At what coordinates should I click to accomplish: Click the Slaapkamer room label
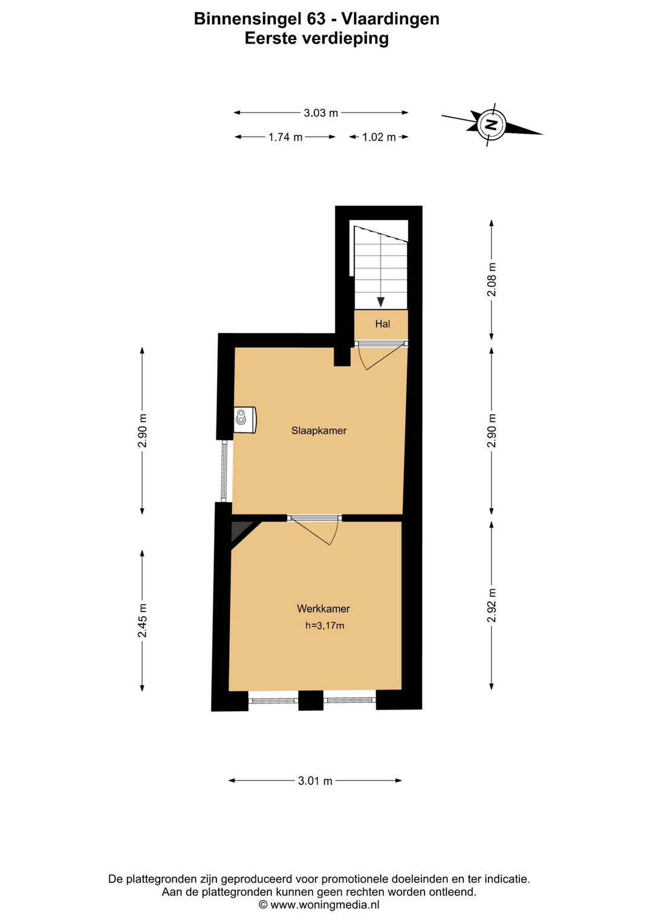[x=319, y=431]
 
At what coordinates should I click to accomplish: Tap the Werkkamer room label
[x=323, y=608]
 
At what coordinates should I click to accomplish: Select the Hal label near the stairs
[x=382, y=324]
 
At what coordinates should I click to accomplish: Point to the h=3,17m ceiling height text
[x=325, y=625]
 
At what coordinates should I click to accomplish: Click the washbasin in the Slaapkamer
[x=245, y=420]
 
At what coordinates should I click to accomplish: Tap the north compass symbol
[x=492, y=124]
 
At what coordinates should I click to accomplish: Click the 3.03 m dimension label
[x=321, y=113]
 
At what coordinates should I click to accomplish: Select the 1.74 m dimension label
[x=285, y=137]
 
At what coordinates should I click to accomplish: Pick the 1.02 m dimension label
[x=378, y=137]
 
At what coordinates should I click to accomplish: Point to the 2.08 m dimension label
[x=492, y=280]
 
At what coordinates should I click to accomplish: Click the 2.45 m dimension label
[x=142, y=621]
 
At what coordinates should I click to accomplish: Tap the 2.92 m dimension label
[x=492, y=605]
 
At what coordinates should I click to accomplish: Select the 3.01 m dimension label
[x=315, y=780]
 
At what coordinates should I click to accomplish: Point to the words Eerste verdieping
[x=316, y=38]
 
